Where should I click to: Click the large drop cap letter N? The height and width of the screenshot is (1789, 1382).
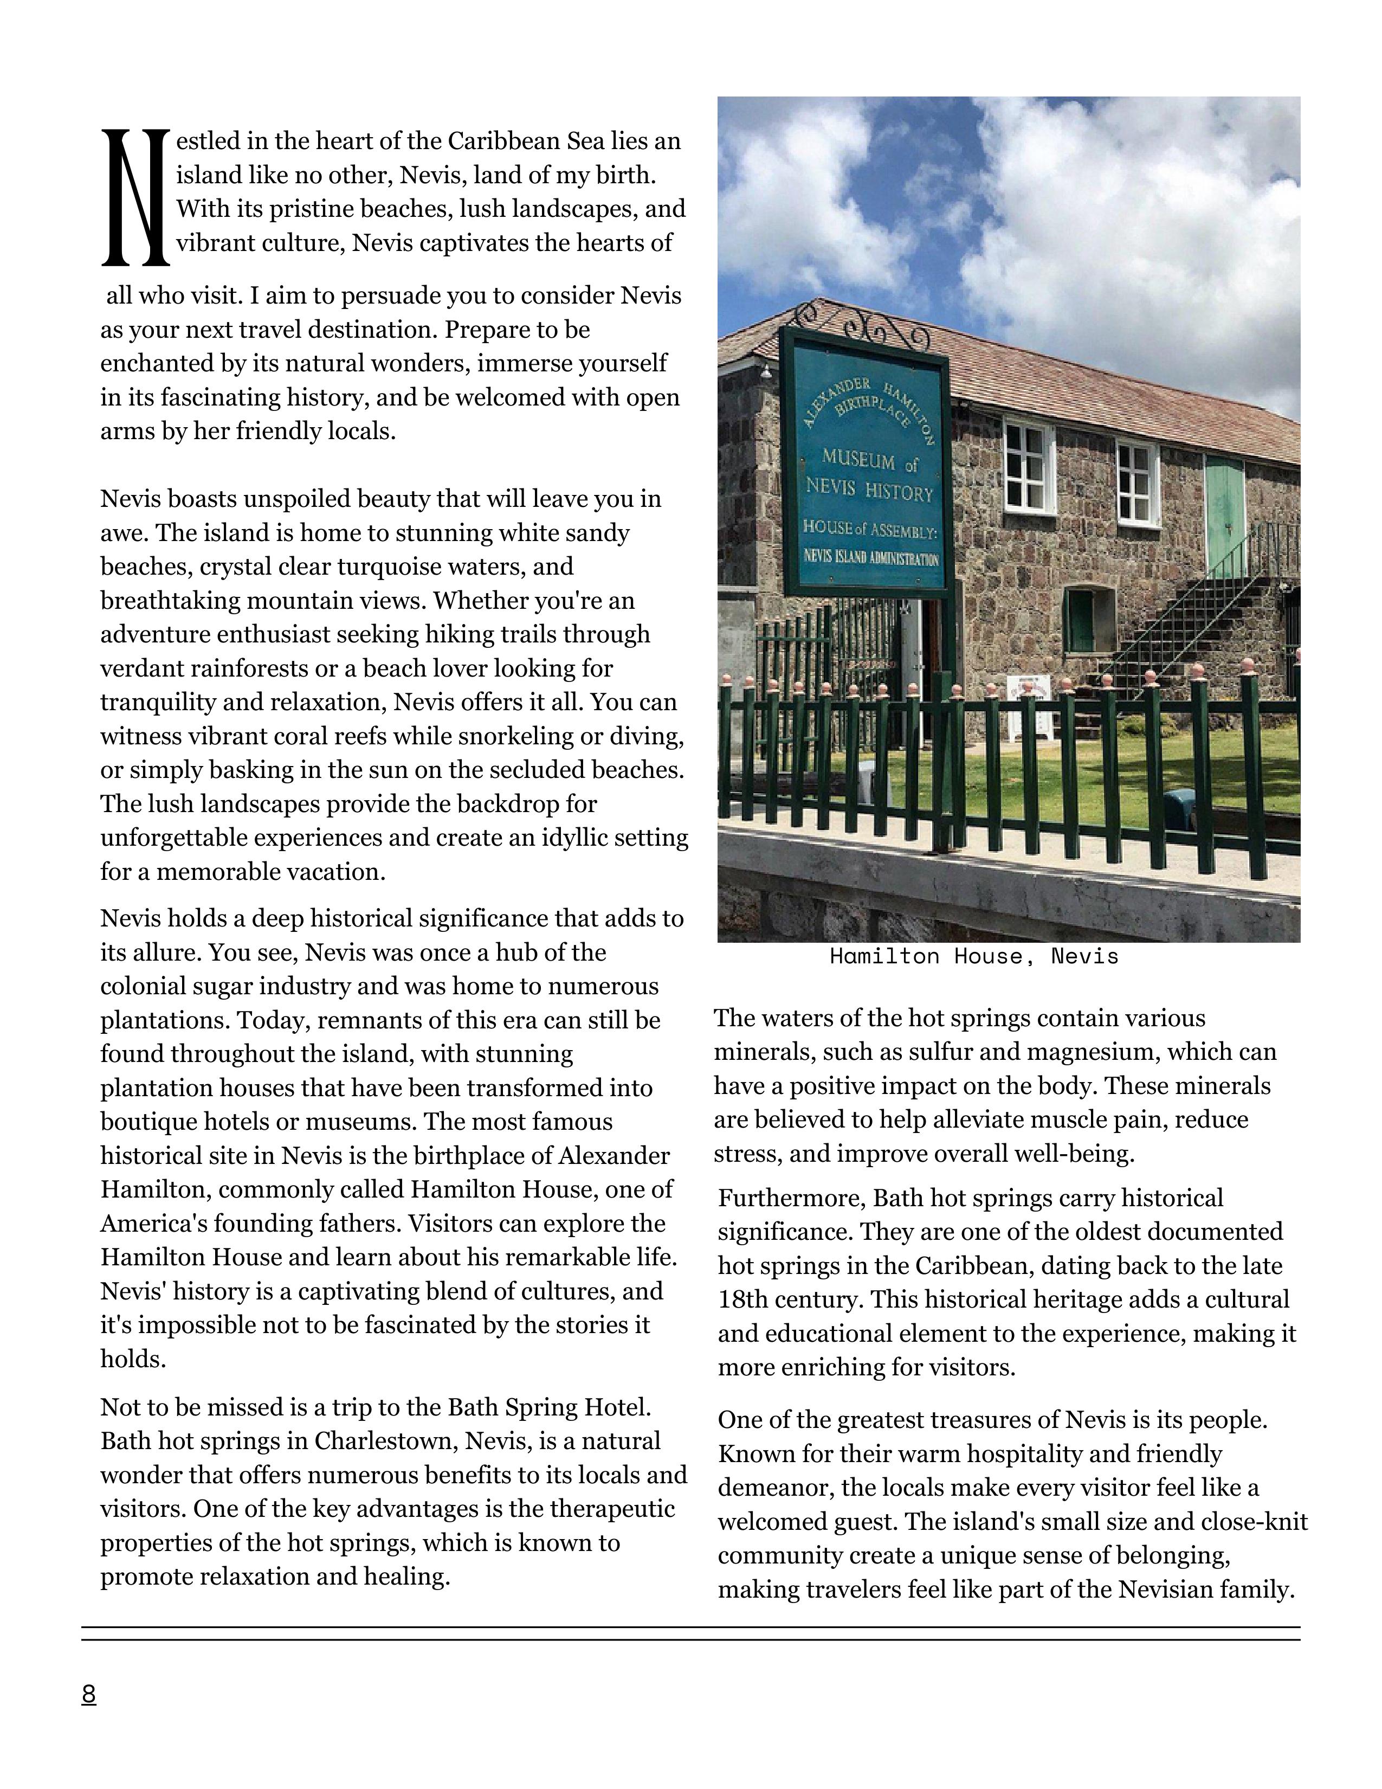135,197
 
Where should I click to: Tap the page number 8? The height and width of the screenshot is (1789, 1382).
88,1693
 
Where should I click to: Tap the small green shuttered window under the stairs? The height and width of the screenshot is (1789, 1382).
1081,619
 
